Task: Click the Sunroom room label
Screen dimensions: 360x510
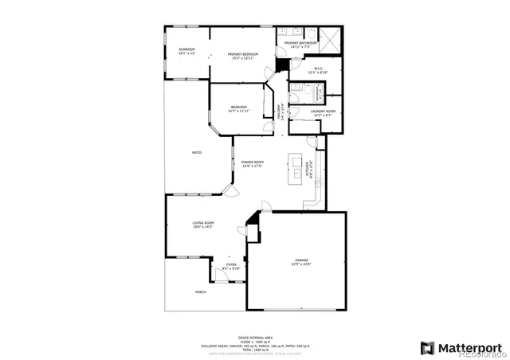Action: [186, 51]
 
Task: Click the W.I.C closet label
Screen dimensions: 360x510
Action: [318, 70]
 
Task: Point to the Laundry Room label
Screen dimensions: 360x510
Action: [323, 112]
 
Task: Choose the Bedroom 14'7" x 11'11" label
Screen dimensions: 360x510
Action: [239, 108]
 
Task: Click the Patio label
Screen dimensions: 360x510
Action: [196, 152]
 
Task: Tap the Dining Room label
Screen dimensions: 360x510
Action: [253, 163]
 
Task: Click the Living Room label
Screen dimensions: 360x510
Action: [203, 225]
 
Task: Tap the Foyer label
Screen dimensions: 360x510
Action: [231, 266]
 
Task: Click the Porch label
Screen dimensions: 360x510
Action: [201, 292]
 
